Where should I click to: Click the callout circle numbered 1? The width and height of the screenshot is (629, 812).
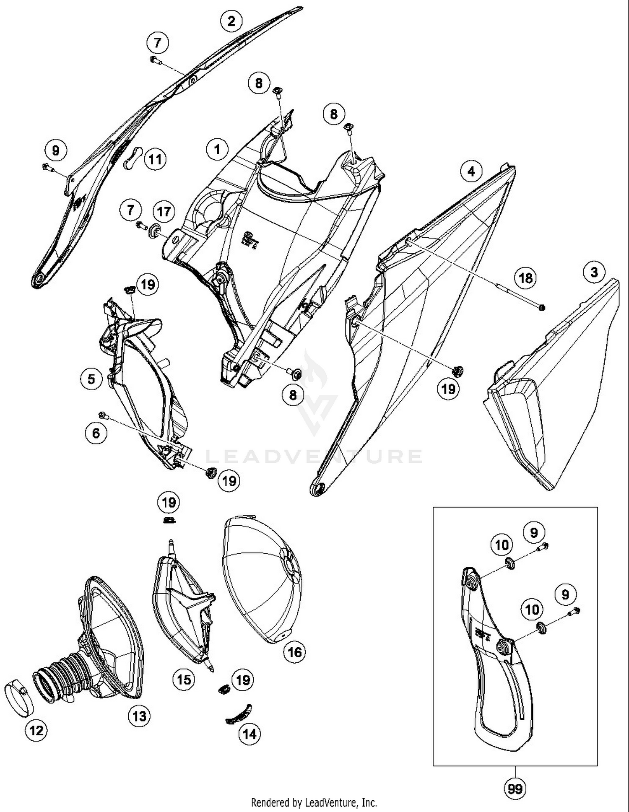217,149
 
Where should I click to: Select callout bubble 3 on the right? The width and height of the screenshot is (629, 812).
594,272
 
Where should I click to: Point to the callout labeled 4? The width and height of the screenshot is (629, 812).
471,171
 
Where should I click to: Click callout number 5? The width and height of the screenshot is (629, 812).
91,379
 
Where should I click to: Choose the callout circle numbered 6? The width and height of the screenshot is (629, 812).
96,433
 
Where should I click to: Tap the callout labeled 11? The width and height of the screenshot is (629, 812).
155,159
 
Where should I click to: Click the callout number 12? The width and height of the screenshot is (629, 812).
36,731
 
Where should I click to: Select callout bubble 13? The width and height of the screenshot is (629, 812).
139,716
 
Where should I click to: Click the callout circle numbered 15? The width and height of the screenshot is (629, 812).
184,680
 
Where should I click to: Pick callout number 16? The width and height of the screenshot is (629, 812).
294,652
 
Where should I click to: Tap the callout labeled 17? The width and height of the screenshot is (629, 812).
164,211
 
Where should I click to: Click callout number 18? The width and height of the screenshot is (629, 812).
526,278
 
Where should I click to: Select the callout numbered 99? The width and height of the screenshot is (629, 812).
515,789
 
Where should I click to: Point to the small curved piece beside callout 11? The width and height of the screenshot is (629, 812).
133,157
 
